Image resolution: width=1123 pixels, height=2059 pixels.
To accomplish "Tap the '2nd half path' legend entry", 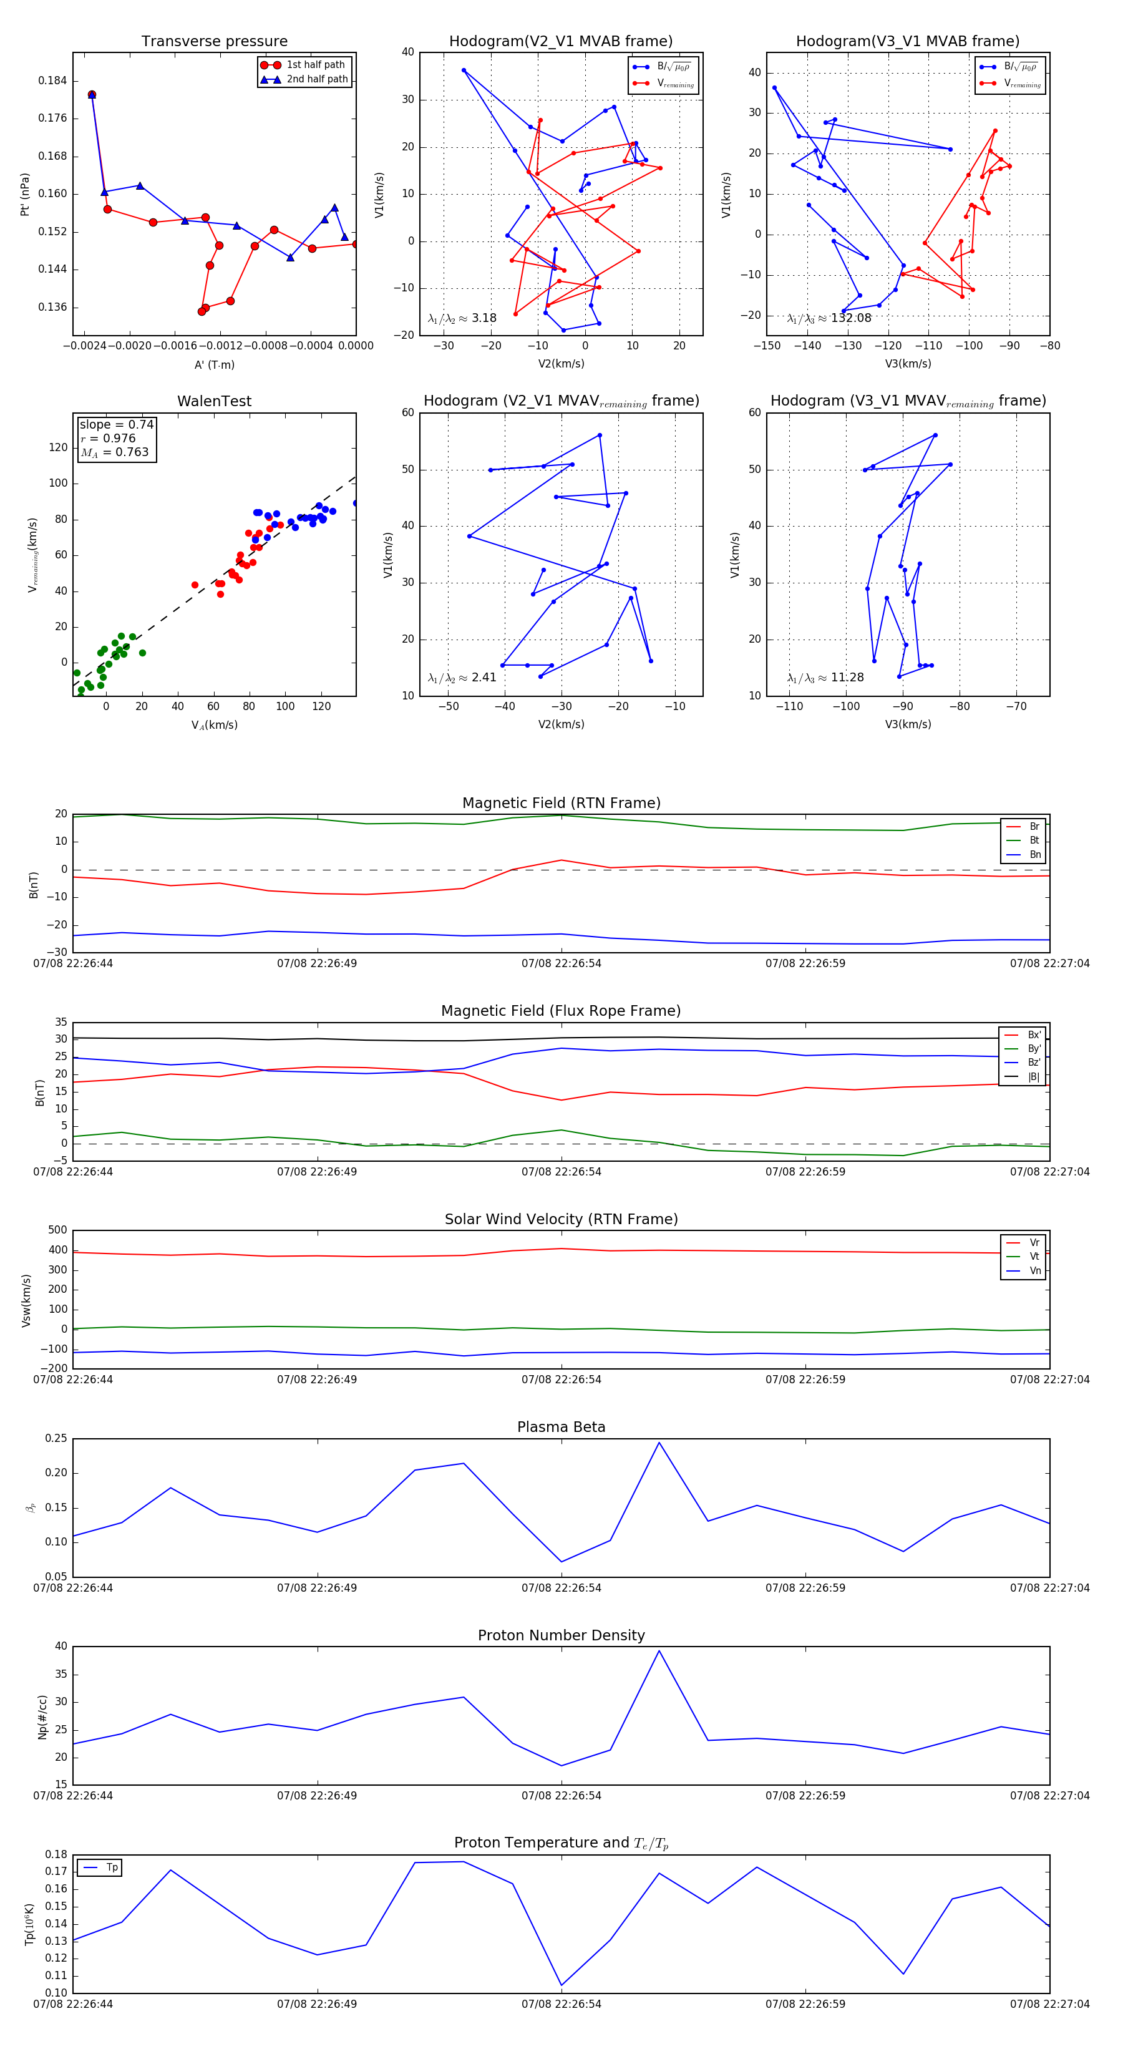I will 316,79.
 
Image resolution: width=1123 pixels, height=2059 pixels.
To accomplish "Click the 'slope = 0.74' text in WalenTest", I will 116,424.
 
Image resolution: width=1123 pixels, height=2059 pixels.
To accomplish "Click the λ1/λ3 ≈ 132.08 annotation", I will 829,318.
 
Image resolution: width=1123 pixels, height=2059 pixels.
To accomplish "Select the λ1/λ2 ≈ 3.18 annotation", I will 462,318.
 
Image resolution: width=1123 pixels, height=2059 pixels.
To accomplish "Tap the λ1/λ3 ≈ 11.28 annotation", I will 825,678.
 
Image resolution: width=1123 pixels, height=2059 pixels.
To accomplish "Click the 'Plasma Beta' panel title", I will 561,1427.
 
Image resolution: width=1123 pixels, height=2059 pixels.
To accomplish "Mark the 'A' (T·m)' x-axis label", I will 214,364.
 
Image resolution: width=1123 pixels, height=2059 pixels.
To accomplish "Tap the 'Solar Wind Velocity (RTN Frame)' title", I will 561,1219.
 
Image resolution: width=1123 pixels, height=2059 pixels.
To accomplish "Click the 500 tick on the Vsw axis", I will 57,1230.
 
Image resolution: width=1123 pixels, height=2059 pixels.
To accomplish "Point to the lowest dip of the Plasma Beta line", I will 561,1562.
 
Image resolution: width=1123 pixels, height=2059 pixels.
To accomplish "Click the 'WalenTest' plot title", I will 214,401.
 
